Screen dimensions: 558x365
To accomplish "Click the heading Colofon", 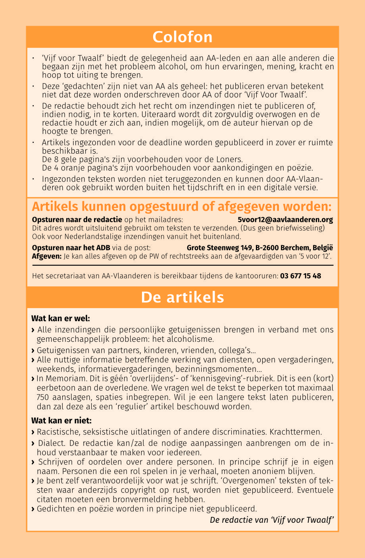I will point(182,37).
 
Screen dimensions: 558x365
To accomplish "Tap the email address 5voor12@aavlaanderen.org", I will point(285,219).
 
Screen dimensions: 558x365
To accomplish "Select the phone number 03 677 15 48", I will point(300,276).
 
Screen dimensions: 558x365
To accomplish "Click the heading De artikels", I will point(182,297).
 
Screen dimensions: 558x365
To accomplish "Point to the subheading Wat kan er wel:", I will point(61,318).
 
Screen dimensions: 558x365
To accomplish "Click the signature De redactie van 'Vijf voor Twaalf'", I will point(271,520).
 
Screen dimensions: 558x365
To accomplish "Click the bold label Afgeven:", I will point(46,256).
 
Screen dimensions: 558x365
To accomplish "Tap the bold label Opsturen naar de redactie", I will point(77,219).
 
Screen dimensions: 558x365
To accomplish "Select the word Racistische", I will point(59,431).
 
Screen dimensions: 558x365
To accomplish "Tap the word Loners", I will point(230,159).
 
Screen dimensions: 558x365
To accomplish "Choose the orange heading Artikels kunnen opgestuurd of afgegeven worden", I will point(182,207).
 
